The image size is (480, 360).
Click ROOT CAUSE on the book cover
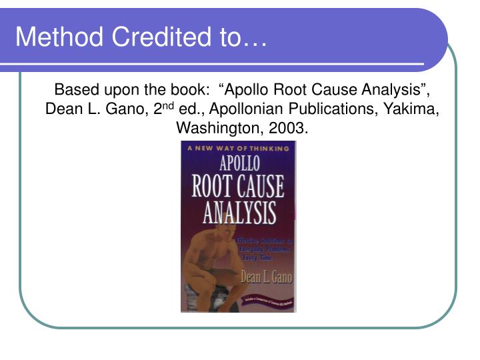point(238,187)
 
